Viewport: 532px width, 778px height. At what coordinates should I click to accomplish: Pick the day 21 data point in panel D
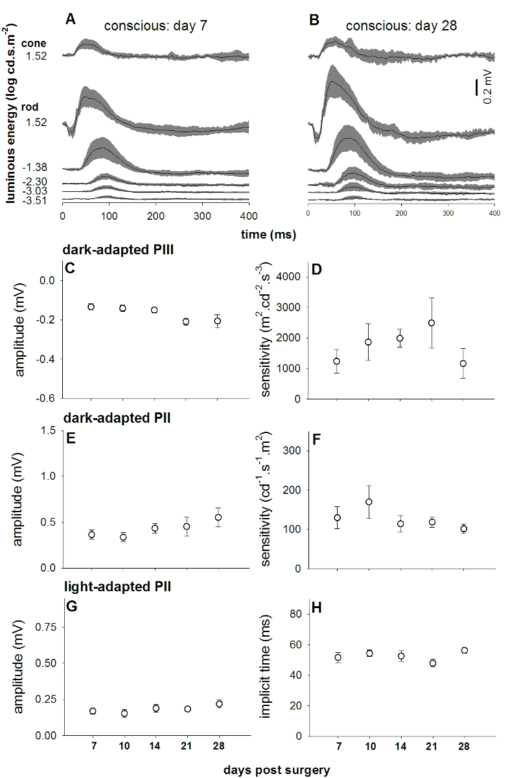[432, 323]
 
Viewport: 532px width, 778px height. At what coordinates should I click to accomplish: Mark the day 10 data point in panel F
[369, 502]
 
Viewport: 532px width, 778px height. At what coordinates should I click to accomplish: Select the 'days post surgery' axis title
[277, 770]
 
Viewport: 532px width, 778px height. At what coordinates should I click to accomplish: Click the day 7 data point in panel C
[91, 307]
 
